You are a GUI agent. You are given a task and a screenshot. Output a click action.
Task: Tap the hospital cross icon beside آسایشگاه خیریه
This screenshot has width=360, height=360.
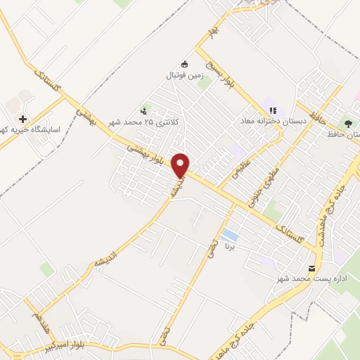[x=25, y=120]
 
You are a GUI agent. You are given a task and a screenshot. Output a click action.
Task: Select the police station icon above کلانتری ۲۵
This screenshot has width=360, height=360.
[x=144, y=110]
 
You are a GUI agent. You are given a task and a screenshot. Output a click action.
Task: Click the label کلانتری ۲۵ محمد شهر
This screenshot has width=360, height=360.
[x=144, y=123]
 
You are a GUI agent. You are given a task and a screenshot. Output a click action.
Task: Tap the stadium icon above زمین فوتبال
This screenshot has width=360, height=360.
[x=185, y=63]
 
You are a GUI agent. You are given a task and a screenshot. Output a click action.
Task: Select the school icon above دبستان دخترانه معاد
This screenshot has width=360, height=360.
[x=273, y=110]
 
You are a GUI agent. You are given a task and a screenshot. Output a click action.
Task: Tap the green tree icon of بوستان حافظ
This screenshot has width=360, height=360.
[x=349, y=122]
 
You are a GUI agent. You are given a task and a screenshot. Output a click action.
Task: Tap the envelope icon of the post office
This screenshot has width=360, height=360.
[x=312, y=268]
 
